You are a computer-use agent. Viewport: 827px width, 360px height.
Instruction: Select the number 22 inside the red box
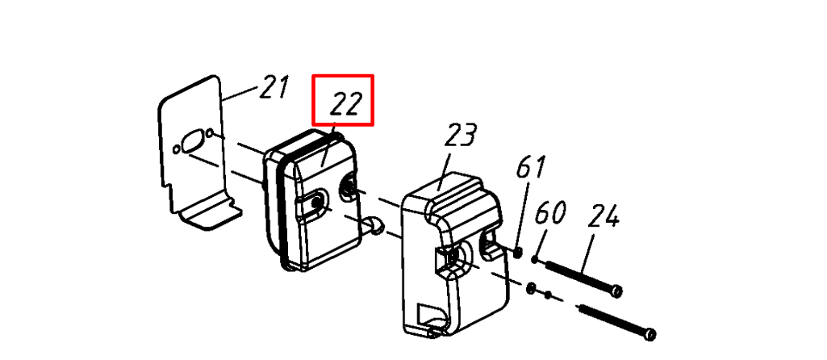pos(346,103)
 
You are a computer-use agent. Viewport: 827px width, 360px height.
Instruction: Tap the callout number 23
pos(461,136)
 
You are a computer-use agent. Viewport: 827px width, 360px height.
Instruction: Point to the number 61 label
pos(530,167)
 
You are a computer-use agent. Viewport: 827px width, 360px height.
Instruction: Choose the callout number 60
pos(550,213)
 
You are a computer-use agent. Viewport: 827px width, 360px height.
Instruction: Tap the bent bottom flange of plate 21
pos(210,214)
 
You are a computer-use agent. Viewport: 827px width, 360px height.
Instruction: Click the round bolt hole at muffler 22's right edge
pos(349,186)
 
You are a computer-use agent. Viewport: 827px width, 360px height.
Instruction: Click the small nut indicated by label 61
pos(518,253)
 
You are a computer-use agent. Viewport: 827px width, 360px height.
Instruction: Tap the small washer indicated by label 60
pos(536,259)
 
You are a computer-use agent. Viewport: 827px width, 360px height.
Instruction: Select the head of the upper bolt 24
pos(615,291)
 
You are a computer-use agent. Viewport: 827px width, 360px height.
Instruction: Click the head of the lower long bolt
pos(649,334)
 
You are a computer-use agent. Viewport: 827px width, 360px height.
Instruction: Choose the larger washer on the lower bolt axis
pos(532,288)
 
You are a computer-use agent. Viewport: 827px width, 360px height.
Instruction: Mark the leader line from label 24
pos(589,253)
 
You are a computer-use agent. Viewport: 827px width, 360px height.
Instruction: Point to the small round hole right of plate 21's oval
pos(210,132)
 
